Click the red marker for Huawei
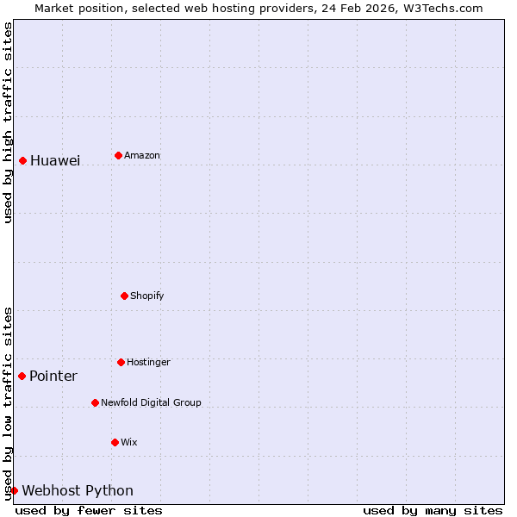tap(22, 160)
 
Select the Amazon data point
tap(118, 155)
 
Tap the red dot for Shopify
tap(124, 296)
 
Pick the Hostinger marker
tap(121, 362)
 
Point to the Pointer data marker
tap(22, 376)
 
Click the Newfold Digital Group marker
tap(95, 402)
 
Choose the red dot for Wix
tap(115, 442)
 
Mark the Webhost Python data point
tap(14, 490)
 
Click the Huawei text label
tap(55, 161)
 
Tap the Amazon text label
tap(142, 156)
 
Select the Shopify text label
tap(147, 296)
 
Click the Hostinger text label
tap(148, 363)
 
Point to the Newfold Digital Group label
tap(151, 403)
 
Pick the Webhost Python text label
tap(78, 491)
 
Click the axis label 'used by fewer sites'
tap(89, 510)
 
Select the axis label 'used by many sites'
tap(433, 510)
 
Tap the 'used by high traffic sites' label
tap(8, 122)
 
